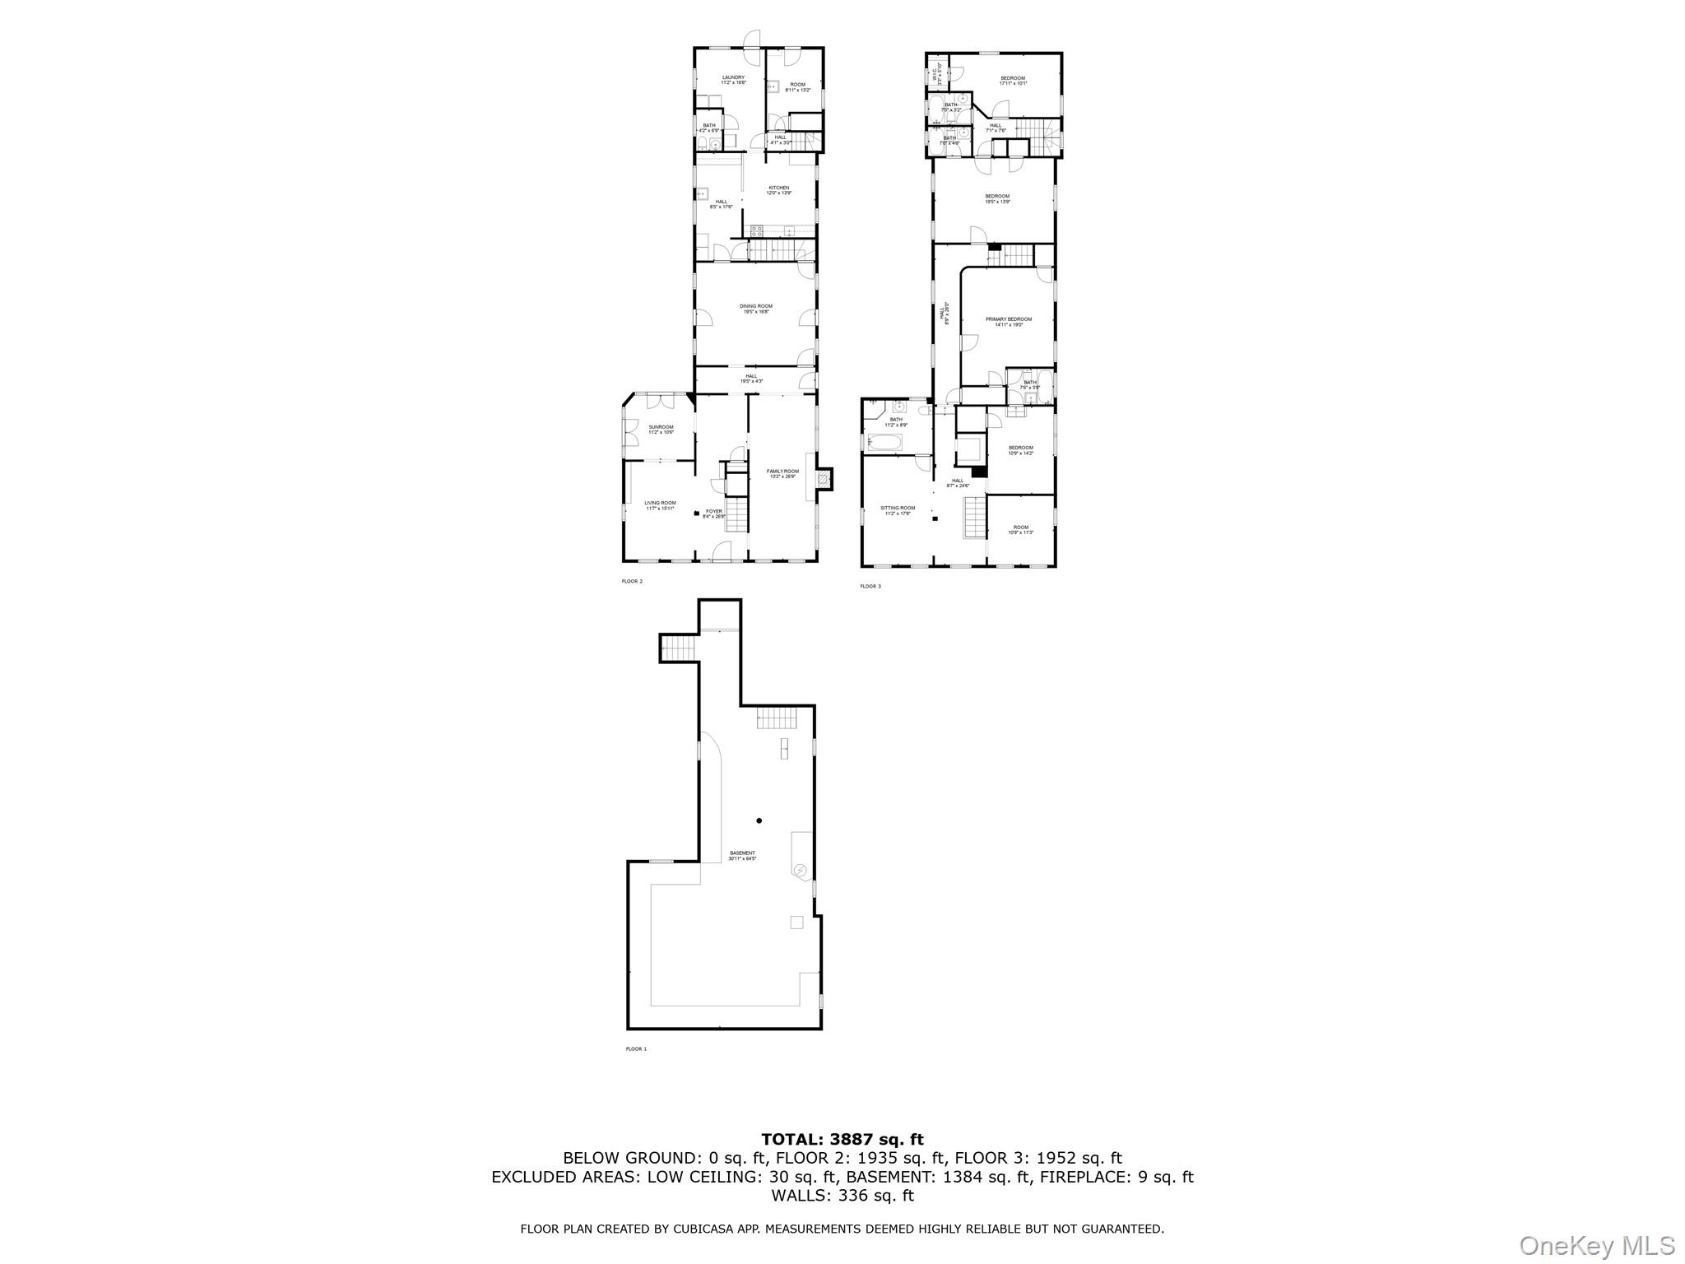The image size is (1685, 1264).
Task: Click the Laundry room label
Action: (733, 77)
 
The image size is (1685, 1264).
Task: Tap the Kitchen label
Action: (779, 188)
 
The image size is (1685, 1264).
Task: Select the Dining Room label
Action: (755, 306)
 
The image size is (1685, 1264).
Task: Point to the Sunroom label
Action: (661, 427)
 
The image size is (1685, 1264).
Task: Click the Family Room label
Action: (782, 472)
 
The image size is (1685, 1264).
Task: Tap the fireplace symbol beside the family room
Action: (824, 477)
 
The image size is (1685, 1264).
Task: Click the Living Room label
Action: (660, 503)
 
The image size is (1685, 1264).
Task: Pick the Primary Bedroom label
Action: (1008, 319)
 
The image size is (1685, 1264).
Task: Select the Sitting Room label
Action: (898, 508)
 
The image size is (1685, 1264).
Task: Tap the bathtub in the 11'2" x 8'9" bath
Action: (884, 444)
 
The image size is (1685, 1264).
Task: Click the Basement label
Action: (741, 853)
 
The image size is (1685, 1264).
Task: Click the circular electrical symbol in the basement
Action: (801, 870)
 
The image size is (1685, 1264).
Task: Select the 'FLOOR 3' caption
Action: (870, 587)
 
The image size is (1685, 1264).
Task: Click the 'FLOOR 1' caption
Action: (636, 1049)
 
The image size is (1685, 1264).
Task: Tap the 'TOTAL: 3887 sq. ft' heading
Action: (842, 1140)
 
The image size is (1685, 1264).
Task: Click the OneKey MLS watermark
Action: (1596, 1246)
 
